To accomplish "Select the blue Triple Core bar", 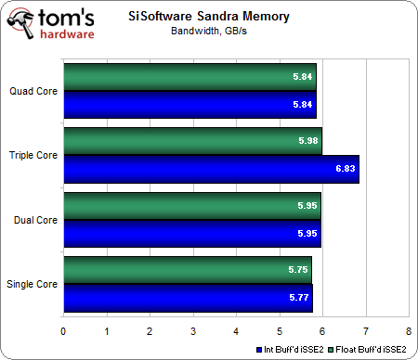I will click(210, 169).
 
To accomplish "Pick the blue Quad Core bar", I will click(189, 105).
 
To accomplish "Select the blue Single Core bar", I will click(187, 299).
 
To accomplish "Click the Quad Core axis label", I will click(32, 91).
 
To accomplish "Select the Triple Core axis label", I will click(32, 156).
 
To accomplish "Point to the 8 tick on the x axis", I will click(408, 329).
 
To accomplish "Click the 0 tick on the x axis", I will click(63, 329).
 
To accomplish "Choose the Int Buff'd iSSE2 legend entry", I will click(292, 348).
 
